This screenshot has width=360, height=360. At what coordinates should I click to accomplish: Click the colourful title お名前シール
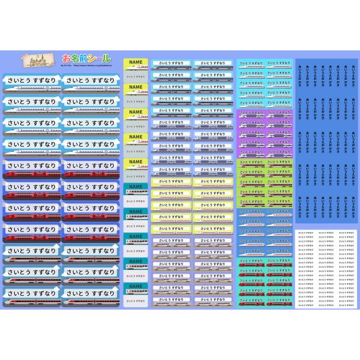tap(87, 58)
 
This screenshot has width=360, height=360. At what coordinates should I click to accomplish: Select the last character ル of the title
tap(106, 58)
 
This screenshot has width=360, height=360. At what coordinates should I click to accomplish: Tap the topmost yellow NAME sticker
tap(136, 62)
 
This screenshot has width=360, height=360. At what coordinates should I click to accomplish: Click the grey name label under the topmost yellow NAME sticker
tap(136, 76)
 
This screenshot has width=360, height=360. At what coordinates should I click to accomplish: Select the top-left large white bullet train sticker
tap(31, 83)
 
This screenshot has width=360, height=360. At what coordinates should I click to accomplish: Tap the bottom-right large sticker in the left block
tap(89, 296)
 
